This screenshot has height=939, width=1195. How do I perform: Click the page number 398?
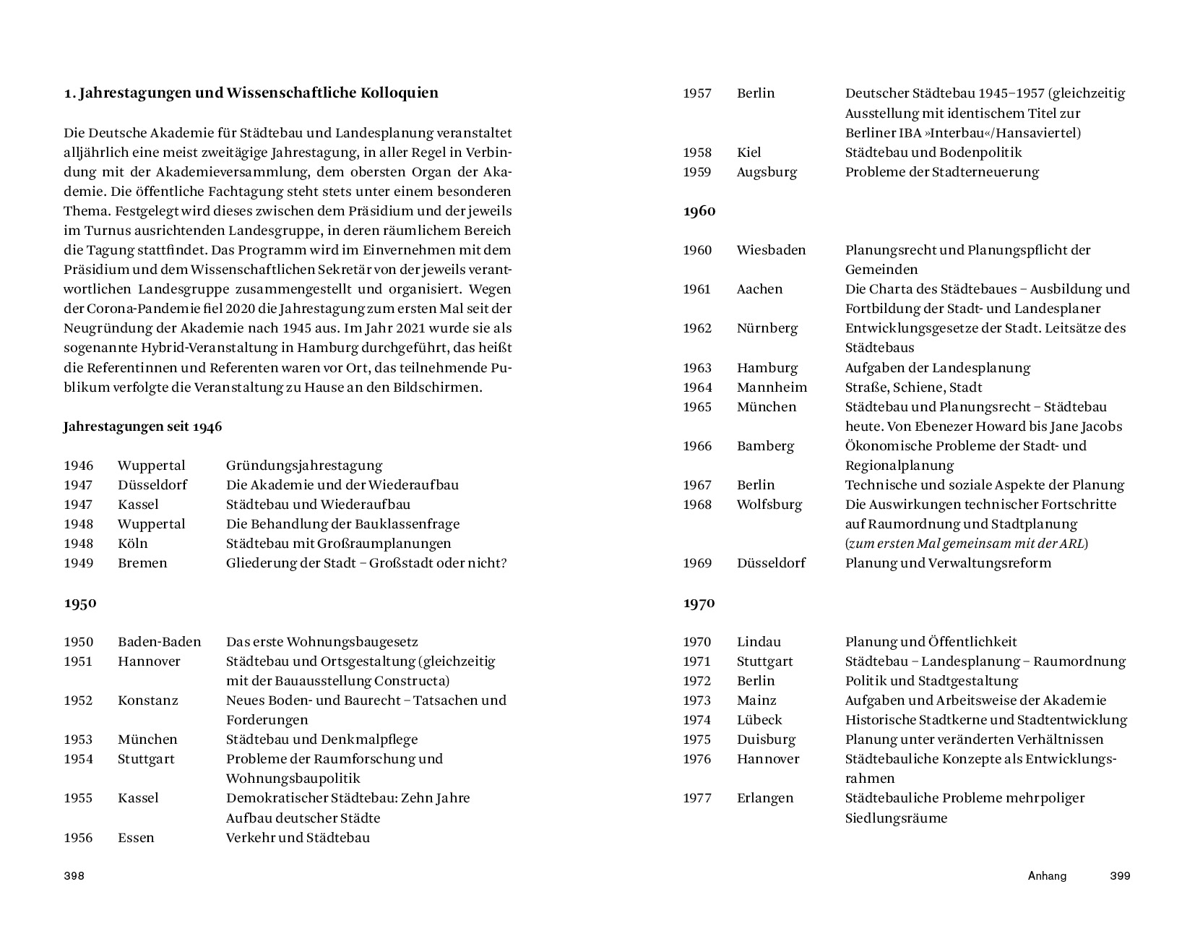(74, 876)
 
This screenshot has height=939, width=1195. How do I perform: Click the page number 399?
(1120, 876)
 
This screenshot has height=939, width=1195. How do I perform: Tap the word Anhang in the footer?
(1047, 876)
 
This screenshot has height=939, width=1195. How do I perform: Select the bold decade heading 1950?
(80, 603)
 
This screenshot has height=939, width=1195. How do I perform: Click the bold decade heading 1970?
(699, 603)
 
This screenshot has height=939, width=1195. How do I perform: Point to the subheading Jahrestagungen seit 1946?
(142, 426)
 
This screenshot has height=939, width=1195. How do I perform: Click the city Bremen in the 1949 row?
(142, 563)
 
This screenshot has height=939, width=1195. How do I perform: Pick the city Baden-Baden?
(160, 642)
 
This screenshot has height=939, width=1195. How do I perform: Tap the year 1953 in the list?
(78, 739)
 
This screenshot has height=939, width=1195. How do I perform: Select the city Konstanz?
(148, 700)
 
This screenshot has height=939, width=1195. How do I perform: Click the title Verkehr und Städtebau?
(298, 838)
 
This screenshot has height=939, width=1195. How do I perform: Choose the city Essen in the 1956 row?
(136, 838)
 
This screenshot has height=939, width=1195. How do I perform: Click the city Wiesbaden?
(771, 250)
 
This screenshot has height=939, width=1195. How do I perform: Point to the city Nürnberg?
(767, 328)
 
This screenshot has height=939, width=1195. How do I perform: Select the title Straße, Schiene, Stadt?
(913, 387)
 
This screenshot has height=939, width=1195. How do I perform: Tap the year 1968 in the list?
(697, 505)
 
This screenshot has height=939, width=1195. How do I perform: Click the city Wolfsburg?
(769, 505)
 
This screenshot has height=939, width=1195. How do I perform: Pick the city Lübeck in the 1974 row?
(759, 720)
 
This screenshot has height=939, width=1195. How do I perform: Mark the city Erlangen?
(765, 798)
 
